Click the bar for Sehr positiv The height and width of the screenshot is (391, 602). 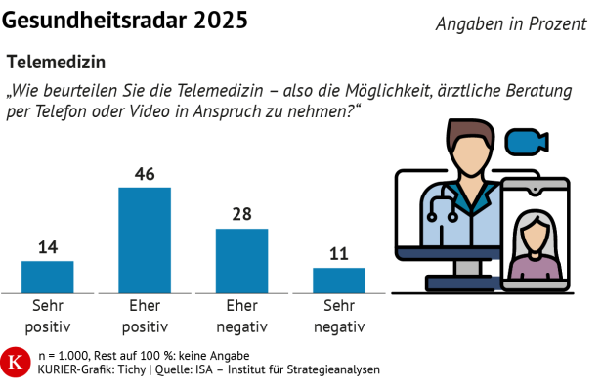pyautogui.click(x=48, y=277)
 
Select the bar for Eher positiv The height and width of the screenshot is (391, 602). pyautogui.click(x=145, y=239)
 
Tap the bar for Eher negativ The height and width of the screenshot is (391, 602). pyautogui.click(x=241, y=260)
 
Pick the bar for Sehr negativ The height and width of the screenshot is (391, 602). pyautogui.click(x=339, y=280)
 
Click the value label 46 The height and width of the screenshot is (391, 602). pyautogui.click(x=145, y=174)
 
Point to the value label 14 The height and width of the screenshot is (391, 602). pyautogui.click(x=48, y=248)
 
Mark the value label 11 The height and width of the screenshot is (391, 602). pyautogui.click(x=339, y=254)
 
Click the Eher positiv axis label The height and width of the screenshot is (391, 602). pyautogui.click(x=145, y=315)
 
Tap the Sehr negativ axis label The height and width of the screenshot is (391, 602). pyautogui.click(x=339, y=315)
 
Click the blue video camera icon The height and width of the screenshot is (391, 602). pyautogui.click(x=526, y=142)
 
